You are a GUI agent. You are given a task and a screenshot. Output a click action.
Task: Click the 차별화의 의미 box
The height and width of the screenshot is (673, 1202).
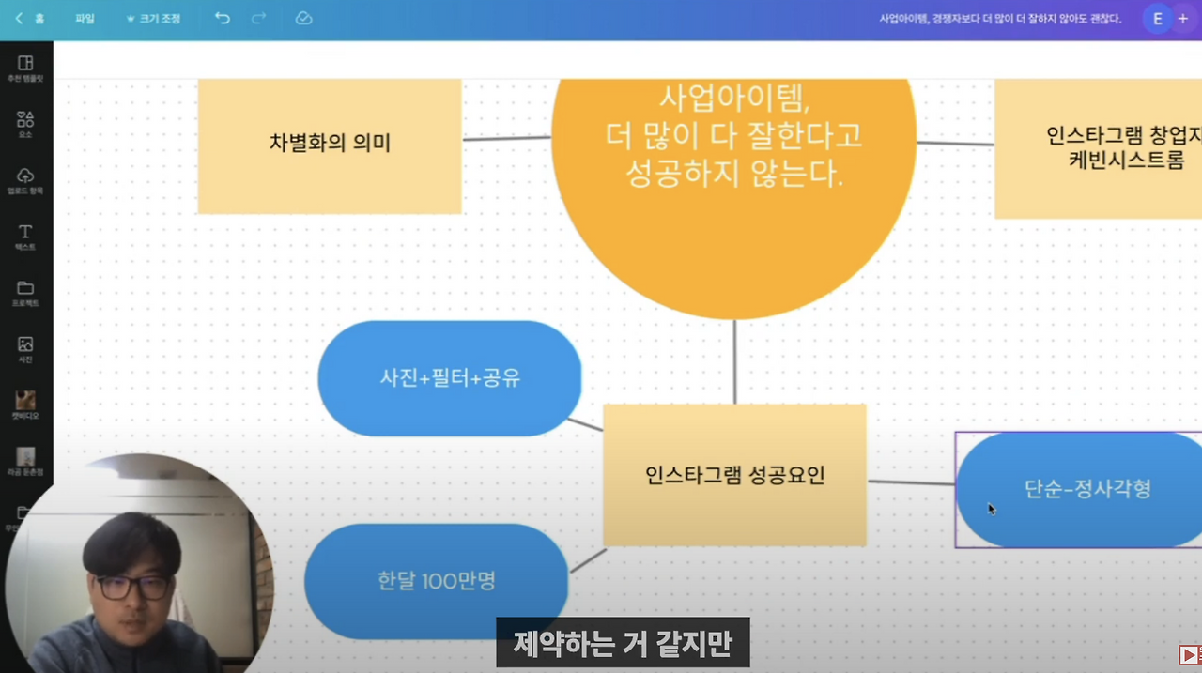329,144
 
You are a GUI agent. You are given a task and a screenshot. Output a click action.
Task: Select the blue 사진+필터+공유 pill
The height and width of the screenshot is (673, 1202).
450,378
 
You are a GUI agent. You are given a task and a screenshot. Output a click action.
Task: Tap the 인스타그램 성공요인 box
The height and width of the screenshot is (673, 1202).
734,475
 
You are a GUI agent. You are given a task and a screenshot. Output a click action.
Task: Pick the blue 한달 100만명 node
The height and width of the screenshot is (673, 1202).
437,581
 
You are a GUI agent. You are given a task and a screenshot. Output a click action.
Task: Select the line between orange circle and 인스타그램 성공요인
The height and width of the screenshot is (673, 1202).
735,361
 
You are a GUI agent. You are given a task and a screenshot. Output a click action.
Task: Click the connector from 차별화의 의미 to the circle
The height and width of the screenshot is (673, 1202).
506,139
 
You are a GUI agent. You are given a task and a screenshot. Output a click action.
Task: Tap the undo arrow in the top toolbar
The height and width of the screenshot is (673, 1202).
223,18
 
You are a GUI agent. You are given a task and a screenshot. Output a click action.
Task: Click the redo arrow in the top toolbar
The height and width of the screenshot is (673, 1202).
259,18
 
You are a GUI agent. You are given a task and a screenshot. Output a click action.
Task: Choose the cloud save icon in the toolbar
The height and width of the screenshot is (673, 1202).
303,18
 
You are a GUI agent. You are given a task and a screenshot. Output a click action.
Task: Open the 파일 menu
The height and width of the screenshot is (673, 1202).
85,18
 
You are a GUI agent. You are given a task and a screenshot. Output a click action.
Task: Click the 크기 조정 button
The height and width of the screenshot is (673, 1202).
154,18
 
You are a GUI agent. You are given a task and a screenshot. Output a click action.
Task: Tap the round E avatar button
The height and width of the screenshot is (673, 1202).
1157,18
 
